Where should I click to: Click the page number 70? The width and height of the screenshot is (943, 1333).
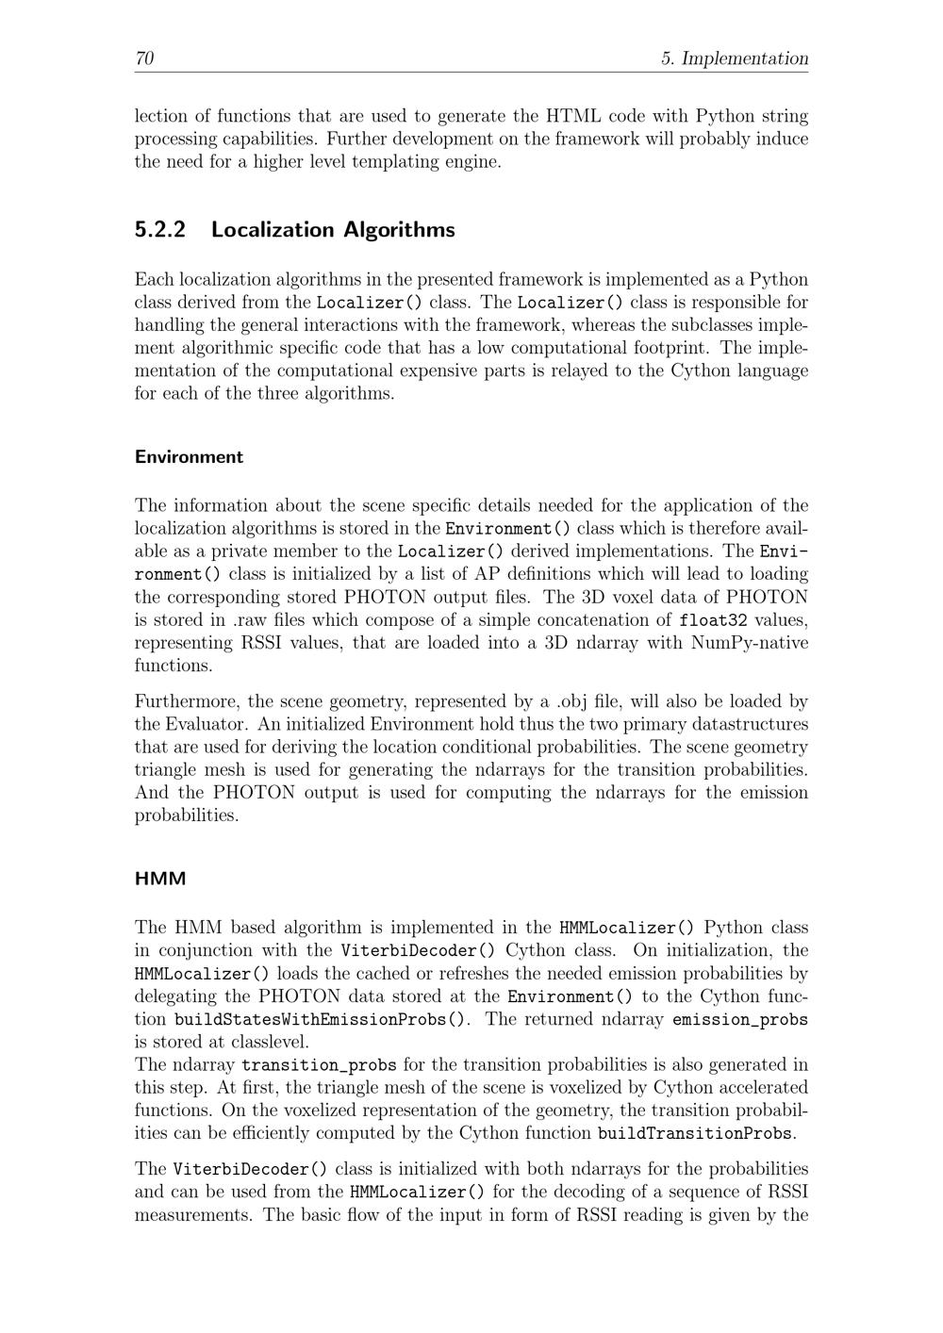[144, 58]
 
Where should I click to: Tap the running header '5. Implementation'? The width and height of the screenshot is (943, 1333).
[735, 58]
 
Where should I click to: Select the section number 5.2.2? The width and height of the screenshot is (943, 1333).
[160, 230]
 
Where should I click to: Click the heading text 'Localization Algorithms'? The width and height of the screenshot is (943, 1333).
[333, 230]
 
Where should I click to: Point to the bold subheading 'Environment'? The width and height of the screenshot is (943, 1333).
[189, 457]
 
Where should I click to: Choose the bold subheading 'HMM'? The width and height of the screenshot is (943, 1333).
[160, 879]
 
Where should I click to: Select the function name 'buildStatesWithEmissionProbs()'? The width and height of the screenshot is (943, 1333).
[321, 1019]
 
